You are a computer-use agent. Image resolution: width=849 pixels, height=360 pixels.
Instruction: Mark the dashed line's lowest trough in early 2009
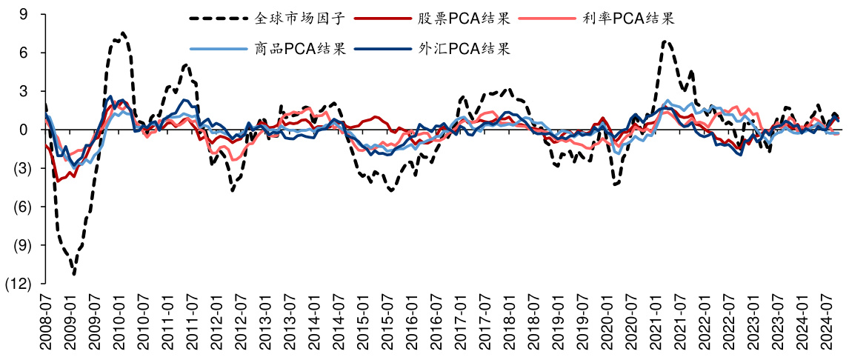(75, 274)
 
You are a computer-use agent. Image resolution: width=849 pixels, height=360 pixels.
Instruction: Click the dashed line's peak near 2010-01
(123, 33)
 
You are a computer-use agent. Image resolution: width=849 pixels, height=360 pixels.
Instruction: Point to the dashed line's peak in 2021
(666, 41)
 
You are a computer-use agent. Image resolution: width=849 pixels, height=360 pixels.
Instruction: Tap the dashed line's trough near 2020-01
(615, 184)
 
